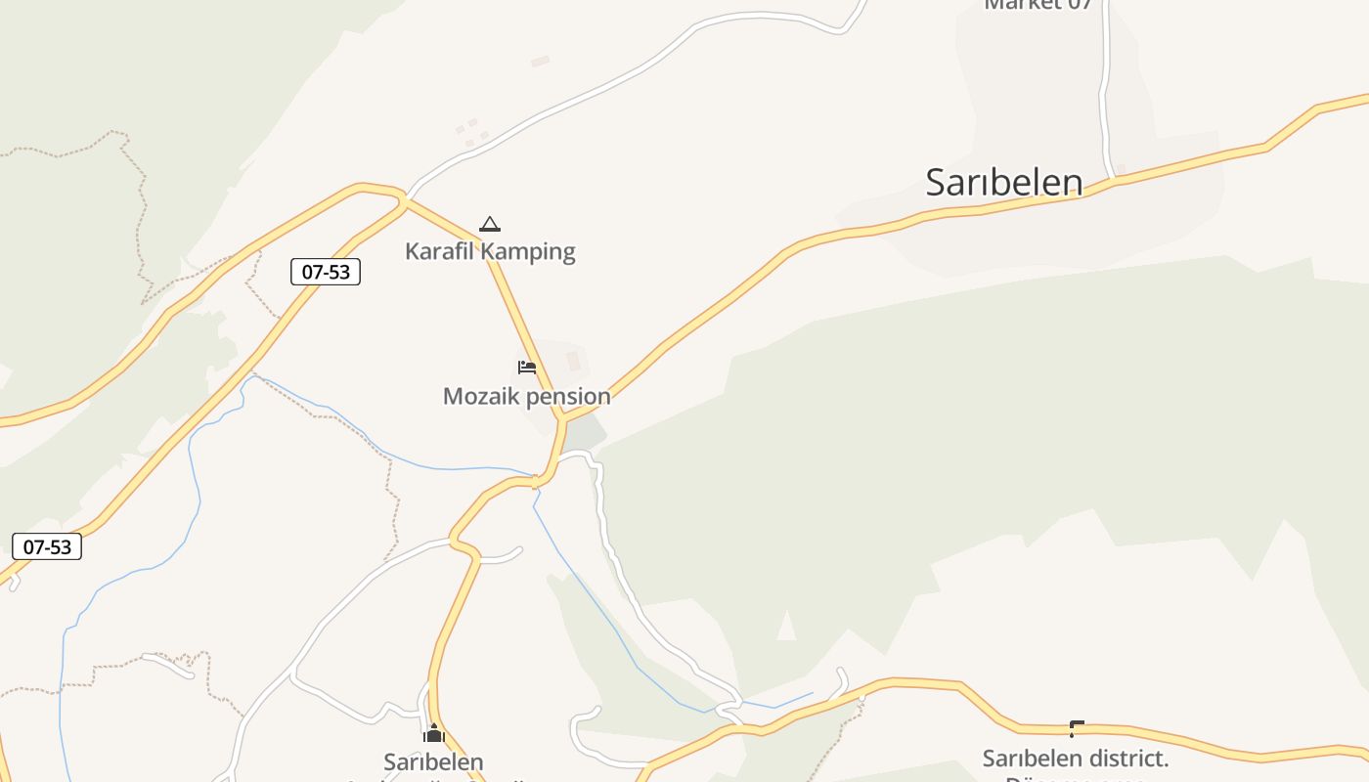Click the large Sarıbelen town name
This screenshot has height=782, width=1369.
point(1004,183)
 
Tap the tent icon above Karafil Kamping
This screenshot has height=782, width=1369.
point(490,224)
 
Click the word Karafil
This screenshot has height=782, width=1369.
point(437,251)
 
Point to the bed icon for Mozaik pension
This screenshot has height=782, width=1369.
point(527,368)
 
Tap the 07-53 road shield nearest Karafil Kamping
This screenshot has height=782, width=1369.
point(326,272)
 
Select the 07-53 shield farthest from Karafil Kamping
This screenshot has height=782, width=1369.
point(47,546)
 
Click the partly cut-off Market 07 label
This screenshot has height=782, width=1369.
point(1037,5)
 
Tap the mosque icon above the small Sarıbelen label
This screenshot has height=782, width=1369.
point(434,733)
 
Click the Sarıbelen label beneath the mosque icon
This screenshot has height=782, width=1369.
point(433,761)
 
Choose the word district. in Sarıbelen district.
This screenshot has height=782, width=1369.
point(1124,759)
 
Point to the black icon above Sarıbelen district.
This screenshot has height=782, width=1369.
point(1076,728)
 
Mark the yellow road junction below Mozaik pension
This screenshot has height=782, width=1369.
point(562,418)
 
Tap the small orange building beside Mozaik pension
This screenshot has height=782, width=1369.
point(573,362)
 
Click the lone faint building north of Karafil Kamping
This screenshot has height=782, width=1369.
point(540,62)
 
